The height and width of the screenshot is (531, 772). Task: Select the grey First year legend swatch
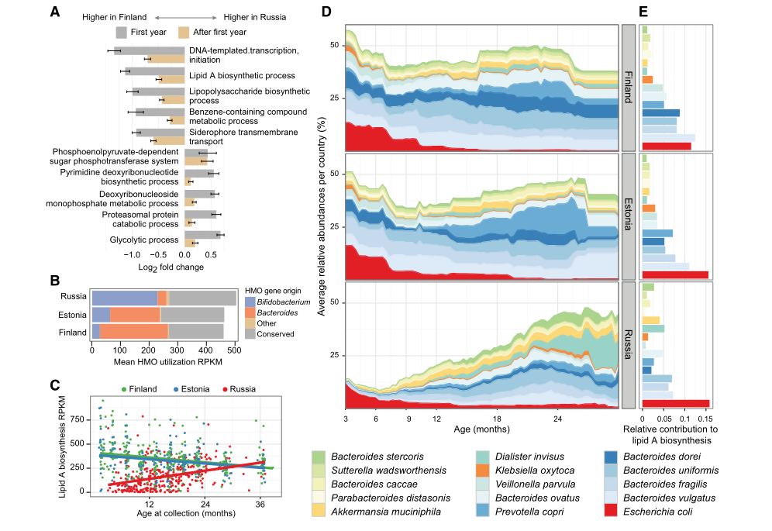[x=121, y=32]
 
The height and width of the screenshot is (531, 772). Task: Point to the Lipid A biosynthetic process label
[x=242, y=76]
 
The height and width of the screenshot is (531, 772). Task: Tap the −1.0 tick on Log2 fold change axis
[x=133, y=254]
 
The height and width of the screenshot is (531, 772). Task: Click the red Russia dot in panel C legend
[x=226, y=389]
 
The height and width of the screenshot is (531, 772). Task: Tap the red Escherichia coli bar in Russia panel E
[x=675, y=403]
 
